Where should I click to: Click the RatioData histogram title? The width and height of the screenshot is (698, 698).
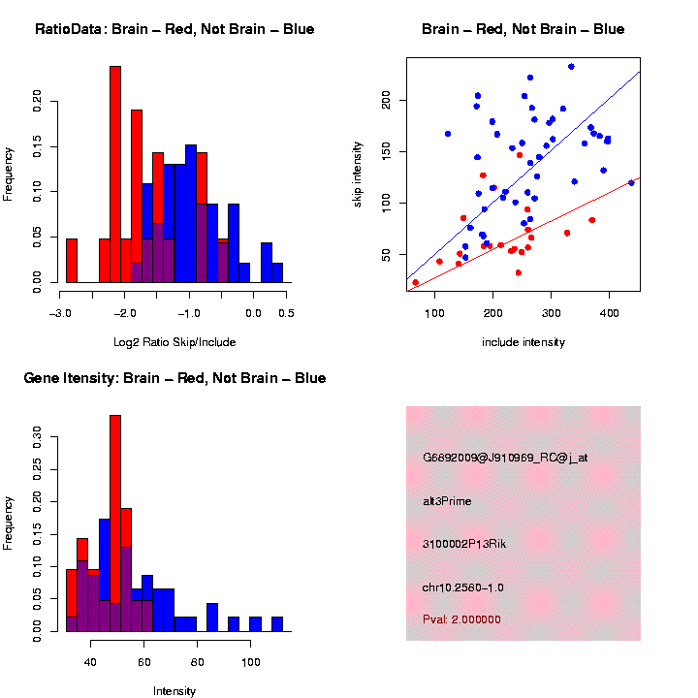174,30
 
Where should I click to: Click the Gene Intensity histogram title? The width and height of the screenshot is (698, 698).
174,378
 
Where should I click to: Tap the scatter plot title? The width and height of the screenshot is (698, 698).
523,30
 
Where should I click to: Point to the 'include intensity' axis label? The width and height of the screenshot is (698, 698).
523,342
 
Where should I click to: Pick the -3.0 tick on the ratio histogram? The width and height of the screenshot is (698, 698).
60,313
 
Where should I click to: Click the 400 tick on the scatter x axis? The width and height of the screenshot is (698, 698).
611,313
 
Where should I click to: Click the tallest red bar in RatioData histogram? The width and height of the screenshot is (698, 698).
115,174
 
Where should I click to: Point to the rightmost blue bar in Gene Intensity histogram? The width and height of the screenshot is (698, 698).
277,623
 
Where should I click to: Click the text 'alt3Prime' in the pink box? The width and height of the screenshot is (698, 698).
447,501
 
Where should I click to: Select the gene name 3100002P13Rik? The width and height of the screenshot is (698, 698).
464,544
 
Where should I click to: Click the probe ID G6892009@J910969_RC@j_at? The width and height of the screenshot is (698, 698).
504,458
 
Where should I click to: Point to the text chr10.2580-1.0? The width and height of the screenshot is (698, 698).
462,587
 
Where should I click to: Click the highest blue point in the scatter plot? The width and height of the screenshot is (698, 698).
571,67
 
